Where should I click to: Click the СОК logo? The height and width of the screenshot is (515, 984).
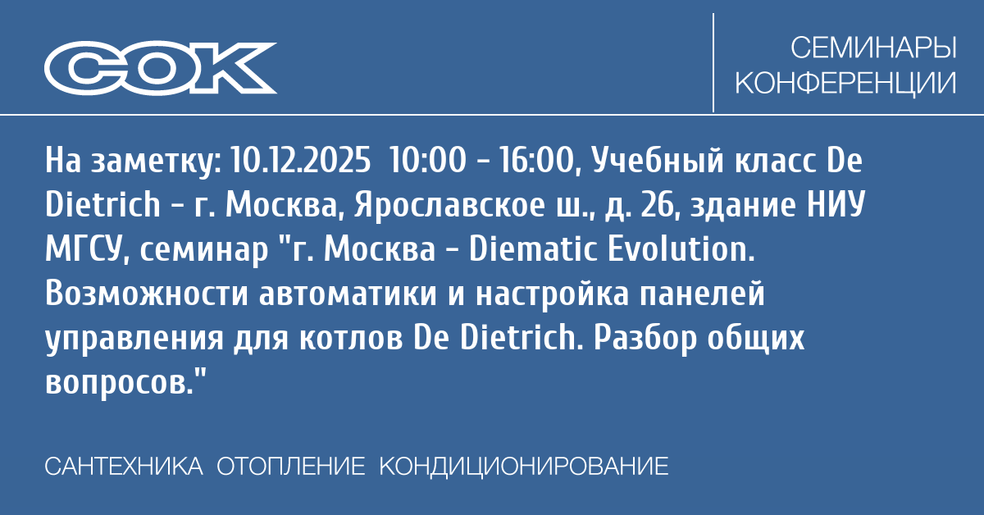[x=161, y=68]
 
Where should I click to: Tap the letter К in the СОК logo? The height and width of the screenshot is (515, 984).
[x=234, y=68]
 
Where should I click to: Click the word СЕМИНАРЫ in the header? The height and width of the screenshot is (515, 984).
[x=873, y=48]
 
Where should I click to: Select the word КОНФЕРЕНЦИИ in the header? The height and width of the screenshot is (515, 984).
[x=845, y=82]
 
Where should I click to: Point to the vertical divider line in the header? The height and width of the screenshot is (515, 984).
[x=713, y=62]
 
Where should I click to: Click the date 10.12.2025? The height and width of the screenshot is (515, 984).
[x=300, y=160]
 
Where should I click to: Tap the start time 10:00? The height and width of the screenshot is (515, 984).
[x=427, y=160]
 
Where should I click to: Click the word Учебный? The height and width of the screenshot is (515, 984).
[x=657, y=161]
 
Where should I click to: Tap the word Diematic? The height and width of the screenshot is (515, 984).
[x=532, y=249]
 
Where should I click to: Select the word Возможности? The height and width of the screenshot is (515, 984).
[x=147, y=293]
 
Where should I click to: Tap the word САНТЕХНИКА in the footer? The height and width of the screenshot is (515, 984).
[x=124, y=467]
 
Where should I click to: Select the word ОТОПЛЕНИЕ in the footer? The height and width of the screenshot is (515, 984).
[x=291, y=467]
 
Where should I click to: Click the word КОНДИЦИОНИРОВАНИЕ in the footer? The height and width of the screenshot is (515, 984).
[x=524, y=467]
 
